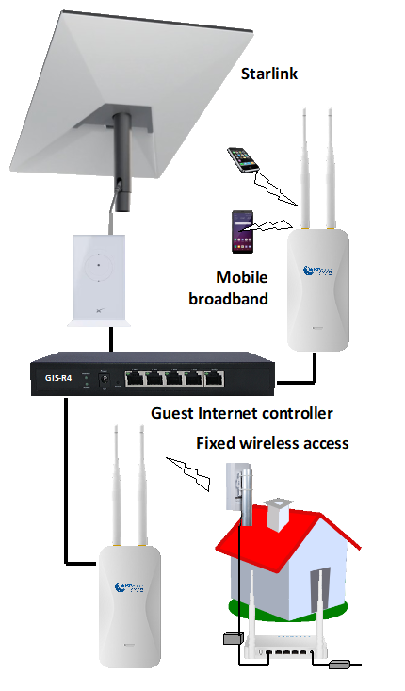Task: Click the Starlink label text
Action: pyautogui.click(x=269, y=74)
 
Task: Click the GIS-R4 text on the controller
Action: pyautogui.click(x=58, y=378)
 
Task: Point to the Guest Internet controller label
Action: pyautogui.click(x=242, y=413)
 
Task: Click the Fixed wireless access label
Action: pyautogui.click(x=272, y=443)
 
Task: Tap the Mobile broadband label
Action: pyautogui.click(x=241, y=287)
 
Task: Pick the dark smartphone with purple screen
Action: pyautogui.click(x=240, y=231)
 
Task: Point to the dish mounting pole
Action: pyautogui.click(x=122, y=156)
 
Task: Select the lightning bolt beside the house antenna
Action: pyautogui.click(x=188, y=470)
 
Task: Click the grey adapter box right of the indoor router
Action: pyautogui.click(x=339, y=666)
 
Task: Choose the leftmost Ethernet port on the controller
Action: pyautogui.click(x=135, y=381)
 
